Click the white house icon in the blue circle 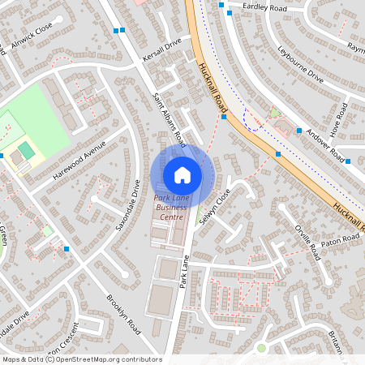tap(182, 175)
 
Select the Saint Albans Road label tap(170, 119)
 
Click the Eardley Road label tap(265, 6)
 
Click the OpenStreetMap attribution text tap(81, 359)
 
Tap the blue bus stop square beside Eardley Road tap(221, 5)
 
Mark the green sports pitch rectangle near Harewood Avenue tap(28, 150)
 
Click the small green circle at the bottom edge tap(261, 348)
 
